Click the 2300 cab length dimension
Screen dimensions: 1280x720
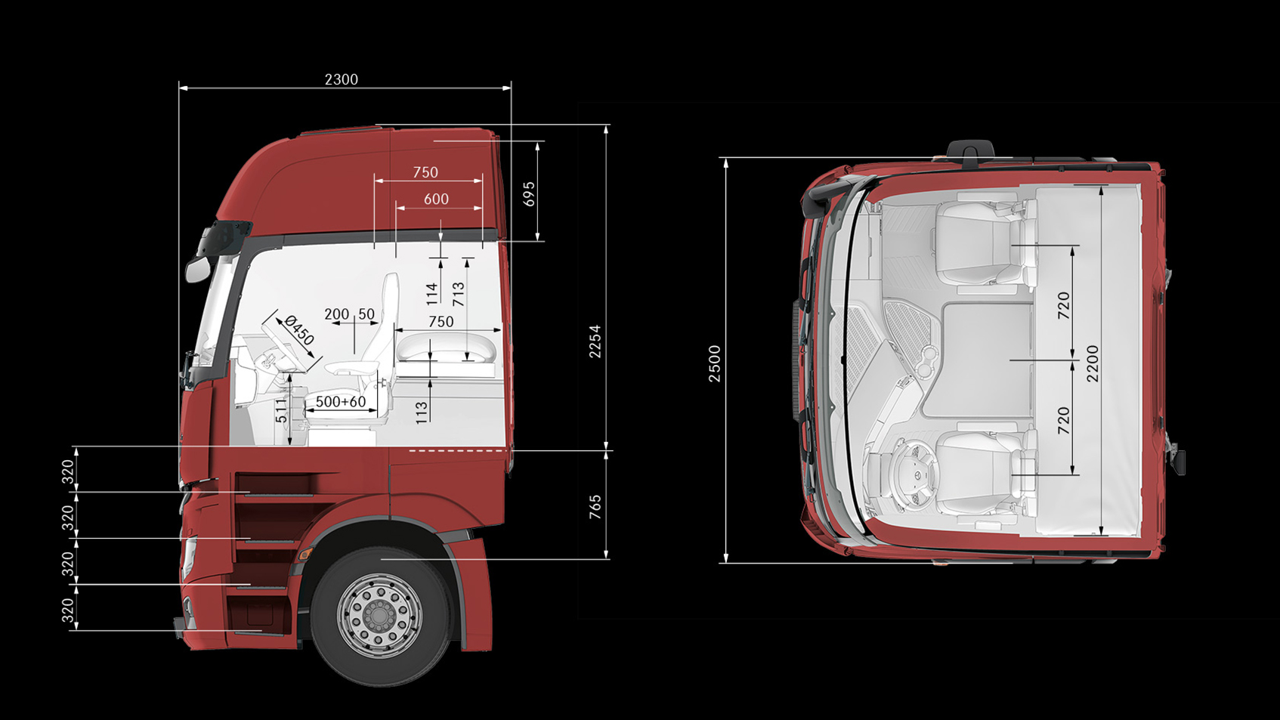pyautogui.click(x=341, y=79)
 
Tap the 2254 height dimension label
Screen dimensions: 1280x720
pyautogui.click(x=595, y=341)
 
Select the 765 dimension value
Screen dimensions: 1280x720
pyautogui.click(x=595, y=507)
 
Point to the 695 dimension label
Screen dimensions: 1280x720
pyautogui.click(x=529, y=194)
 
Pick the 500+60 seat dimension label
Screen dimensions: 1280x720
pyautogui.click(x=341, y=402)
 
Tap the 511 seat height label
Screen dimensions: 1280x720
pyautogui.click(x=282, y=411)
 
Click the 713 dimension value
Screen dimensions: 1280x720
pyautogui.click(x=459, y=294)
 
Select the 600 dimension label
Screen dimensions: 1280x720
pyautogui.click(x=436, y=199)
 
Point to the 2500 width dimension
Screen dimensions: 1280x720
pyautogui.click(x=715, y=363)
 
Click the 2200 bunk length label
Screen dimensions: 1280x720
pyautogui.click(x=1093, y=363)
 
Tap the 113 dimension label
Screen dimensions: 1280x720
pyautogui.click(x=422, y=412)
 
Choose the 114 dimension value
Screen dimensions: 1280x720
pyautogui.click(x=432, y=293)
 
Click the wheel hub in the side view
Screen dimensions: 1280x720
pyautogui.click(x=379, y=616)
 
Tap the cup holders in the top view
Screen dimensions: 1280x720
pyautogui.click(x=926, y=362)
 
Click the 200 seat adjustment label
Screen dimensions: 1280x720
pyautogui.click(x=336, y=314)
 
